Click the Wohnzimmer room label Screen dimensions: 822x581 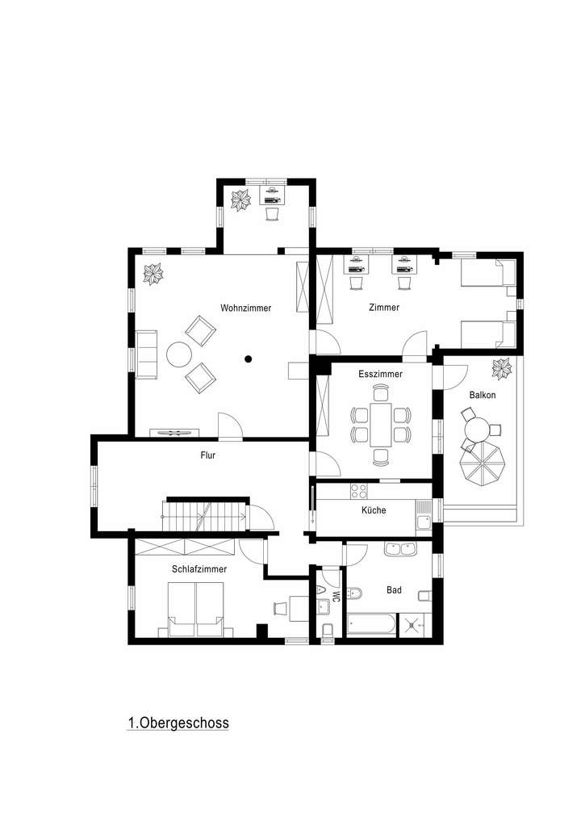tap(245, 308)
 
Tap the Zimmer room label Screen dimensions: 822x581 tap(383, 308)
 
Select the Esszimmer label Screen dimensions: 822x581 tap(380, 374)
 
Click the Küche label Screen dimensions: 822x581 tap(374, 510)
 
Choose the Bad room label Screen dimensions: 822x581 tap(394, 590)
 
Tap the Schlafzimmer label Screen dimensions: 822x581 tap(199, 569)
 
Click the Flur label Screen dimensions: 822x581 tap(208, 455)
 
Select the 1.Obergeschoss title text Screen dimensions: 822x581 tap(178, 723)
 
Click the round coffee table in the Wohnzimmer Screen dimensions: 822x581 tap(178, 354)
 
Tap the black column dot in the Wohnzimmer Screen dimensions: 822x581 tap(249, 359)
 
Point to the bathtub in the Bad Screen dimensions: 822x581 tap(371, 624)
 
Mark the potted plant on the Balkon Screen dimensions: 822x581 tap(502, 368)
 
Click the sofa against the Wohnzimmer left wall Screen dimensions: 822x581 tap(147, 354)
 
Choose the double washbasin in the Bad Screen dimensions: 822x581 tap(400, 550)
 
